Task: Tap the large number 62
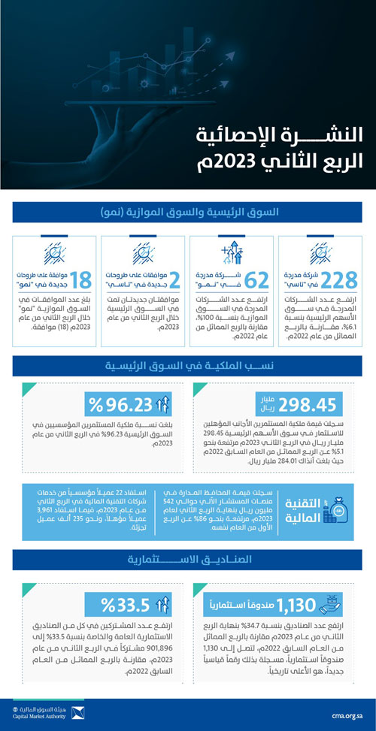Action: [256, 280]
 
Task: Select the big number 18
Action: [80, 280]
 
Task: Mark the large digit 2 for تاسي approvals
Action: [174, 280]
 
